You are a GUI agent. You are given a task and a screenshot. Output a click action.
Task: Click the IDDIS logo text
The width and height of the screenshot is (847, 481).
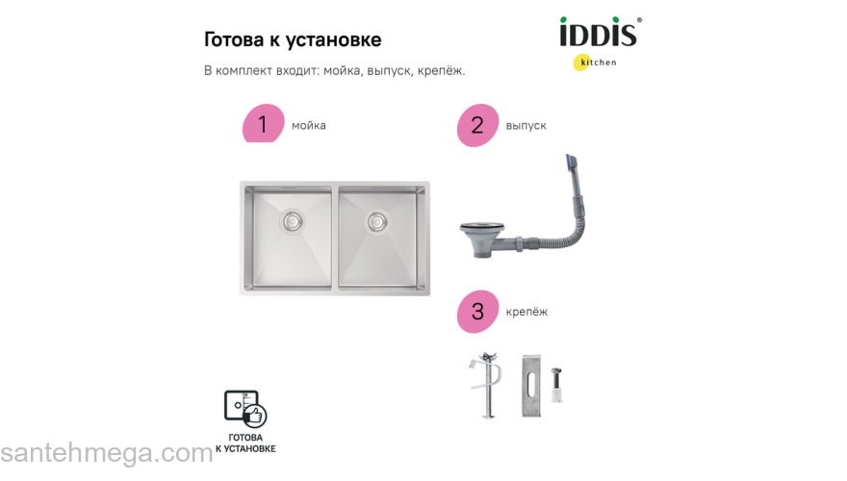pyautogui.click(x=598, y=34)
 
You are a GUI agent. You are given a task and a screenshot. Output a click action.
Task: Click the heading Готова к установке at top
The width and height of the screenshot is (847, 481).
pyautogui.click(x=293, y=40)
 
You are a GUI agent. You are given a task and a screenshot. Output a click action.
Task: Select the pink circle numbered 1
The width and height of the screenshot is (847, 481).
pyautogui.click(x=263, y=124)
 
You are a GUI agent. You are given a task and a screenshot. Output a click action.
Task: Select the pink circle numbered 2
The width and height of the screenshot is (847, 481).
pyautogui.click(x=477, y=125)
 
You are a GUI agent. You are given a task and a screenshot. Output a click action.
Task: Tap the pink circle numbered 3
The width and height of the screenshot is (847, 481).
pyautogui.click(x=477, y=312)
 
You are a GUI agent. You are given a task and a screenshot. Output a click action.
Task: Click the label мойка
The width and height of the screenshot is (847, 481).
pyautogui.click(x=309, y=125)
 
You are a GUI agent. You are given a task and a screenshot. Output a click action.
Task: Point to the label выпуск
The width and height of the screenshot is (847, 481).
pyautogui.click(x=526, y=125)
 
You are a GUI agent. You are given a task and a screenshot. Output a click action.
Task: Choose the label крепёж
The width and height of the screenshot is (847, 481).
pyautogui.click(x=526, y=312)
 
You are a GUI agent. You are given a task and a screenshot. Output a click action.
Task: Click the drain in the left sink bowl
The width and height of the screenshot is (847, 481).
pyautogui.click(x=292, y=221)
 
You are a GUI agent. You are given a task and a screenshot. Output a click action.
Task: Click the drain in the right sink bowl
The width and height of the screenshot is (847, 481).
pyautogui.click(x=376, y=220)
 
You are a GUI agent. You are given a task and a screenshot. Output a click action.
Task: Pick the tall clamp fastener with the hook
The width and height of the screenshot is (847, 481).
pyautogui.click(x=489, y=384)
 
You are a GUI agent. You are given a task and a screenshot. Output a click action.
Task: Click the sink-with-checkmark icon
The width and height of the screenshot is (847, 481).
pyautogui.click(x=244, y=410)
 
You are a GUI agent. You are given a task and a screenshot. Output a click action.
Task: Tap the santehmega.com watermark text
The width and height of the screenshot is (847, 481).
pyautogui.click(x=106, y=453)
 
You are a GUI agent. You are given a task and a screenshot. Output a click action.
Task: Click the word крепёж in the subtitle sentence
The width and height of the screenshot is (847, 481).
pyautogui.click(x=441, y=70)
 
